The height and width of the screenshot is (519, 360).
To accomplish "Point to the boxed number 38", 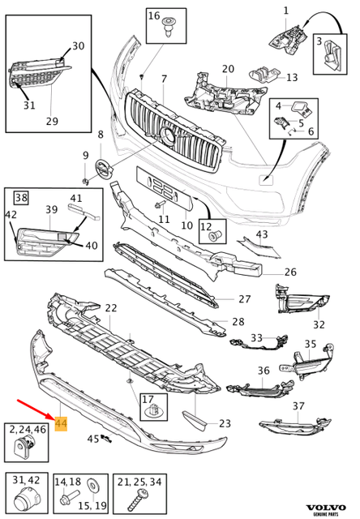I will tap(21, 197).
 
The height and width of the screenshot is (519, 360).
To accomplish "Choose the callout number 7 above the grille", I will tap(164, 79).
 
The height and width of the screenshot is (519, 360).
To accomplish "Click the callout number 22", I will tap(111, 308).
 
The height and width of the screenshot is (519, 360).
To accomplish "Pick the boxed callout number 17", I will tap(148, 399).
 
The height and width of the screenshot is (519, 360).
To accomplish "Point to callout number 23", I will tap(225, 422).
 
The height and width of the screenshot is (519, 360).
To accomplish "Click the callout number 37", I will tap(299, 405).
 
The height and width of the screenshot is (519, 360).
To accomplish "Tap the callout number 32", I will tap(319, 324).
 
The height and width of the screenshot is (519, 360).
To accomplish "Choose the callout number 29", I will tap(52, 121).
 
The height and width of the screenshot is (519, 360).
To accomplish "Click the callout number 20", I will tap(228, 69).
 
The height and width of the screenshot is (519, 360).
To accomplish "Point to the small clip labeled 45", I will tap(106, 440).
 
